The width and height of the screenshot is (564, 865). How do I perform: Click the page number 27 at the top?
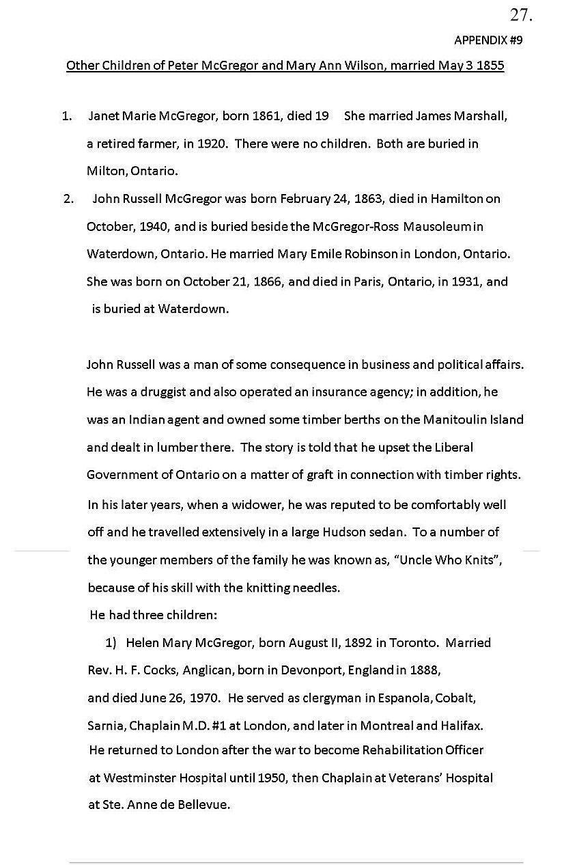pos(520,14)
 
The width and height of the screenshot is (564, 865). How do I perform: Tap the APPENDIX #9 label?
pos(488,40)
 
